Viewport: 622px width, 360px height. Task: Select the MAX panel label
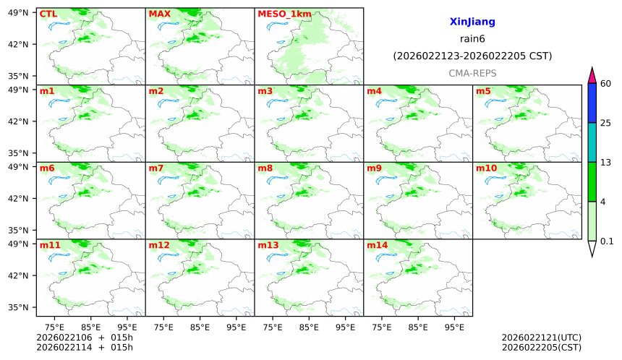click(x=158, y=14)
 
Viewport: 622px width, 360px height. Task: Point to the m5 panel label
click(x=483, y=91)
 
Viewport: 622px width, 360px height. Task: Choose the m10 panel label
click(x=486, y=168)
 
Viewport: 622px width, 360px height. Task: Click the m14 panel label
click(x=377, y=246)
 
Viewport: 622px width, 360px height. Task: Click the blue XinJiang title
click(x=472, y=22)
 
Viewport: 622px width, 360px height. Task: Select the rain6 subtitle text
click(x=472, y=39)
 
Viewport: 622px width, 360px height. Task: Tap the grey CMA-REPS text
click(x=472, y=73)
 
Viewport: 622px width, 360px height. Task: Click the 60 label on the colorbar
click(x=606, y=84)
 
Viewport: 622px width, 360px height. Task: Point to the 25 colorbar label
click(x=606, y=123)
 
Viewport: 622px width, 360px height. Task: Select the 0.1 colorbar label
click(x=607, y=241)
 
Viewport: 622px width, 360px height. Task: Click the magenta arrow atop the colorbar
click(x=592, y=74)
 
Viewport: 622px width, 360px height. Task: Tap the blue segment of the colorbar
click(x=592, y=103)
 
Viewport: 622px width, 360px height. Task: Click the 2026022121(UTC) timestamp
click(x=541, y=338)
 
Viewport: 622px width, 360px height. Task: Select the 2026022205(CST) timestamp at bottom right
click(x=541, y=348)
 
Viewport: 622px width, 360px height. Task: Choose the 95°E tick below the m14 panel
click(x=453, y=327)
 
